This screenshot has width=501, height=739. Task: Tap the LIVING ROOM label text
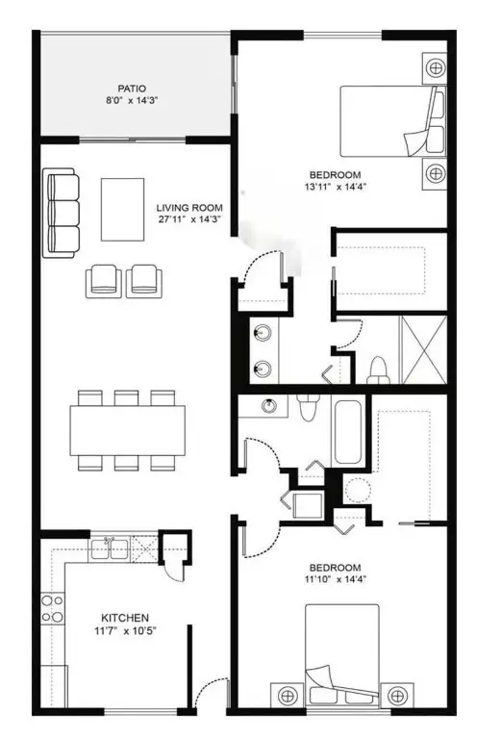pos(189,207)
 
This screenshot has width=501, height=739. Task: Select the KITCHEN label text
pos(124,617)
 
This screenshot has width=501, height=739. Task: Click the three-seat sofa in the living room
pos(61,213)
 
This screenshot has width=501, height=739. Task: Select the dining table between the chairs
pos(127,430)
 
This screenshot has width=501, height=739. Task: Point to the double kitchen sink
pos(113,549)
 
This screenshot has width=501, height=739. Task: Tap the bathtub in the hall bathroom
pos(348,432)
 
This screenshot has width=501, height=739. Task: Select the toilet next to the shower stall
pos(379,369)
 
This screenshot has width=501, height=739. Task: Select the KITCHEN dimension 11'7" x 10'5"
pos(124,631)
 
